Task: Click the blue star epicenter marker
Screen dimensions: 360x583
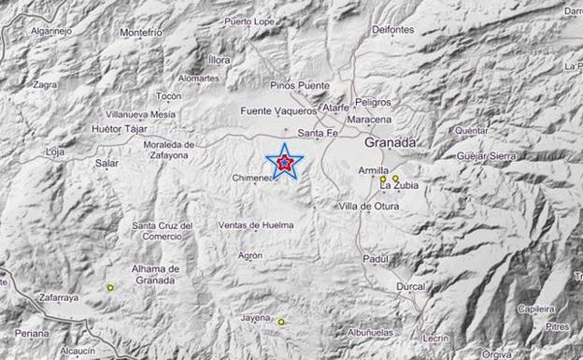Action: (284, 163)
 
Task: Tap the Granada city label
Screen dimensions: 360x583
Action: (391, 142)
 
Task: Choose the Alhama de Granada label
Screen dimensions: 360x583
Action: (154, 274)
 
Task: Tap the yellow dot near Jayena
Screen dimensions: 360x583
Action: (280, 322)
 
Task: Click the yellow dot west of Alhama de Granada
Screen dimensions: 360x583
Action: (110, 288)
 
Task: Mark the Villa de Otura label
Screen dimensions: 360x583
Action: (368, 206)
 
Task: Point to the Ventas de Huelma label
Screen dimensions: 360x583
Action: (255, 225)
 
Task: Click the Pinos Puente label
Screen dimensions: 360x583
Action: (299, 85)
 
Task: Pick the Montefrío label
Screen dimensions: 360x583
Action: (141, 32)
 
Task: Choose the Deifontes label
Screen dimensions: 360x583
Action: (392, 29)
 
